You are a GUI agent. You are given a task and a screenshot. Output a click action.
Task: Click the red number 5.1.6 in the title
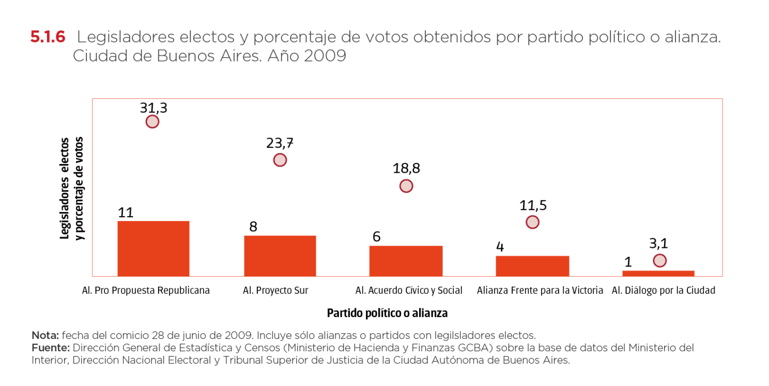[x=48, y=38]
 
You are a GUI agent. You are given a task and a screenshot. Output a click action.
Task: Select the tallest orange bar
[x=153, y=248]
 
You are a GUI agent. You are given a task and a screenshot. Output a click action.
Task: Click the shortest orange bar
[x=658, y=273]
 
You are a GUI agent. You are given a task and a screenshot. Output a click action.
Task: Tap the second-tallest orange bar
[x=280, y=255]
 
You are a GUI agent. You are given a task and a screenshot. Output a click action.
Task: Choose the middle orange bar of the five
[x=406, y=261]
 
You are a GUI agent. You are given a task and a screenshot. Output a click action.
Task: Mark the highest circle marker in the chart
[x=152, y=122]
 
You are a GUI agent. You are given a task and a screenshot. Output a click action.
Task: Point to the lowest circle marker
[x=659, y=260]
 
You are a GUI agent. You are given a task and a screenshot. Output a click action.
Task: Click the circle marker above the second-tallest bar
[x=280, y=160]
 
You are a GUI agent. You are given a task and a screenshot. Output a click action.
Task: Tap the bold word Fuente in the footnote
[x=50, y=347]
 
